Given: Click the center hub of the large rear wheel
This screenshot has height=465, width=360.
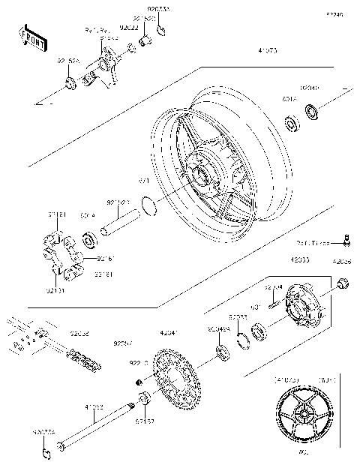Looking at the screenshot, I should [200, 177].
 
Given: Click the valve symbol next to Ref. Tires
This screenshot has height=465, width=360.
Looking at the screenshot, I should [346, 259].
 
